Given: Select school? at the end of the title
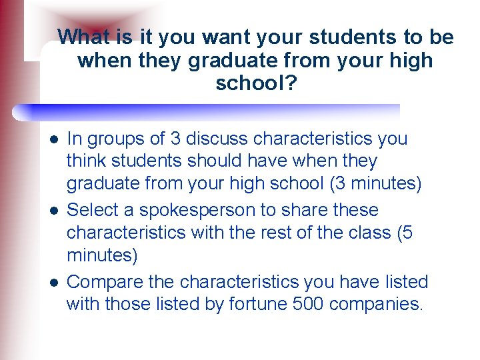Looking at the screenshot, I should click(256, 83).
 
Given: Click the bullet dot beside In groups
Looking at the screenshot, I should click(52, 139).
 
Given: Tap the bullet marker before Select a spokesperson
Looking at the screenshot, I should click(52, 210).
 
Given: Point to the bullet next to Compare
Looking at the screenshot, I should click(52, 281).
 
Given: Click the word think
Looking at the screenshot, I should click(87, 161).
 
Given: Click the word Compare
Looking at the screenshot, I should click(107, 281).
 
